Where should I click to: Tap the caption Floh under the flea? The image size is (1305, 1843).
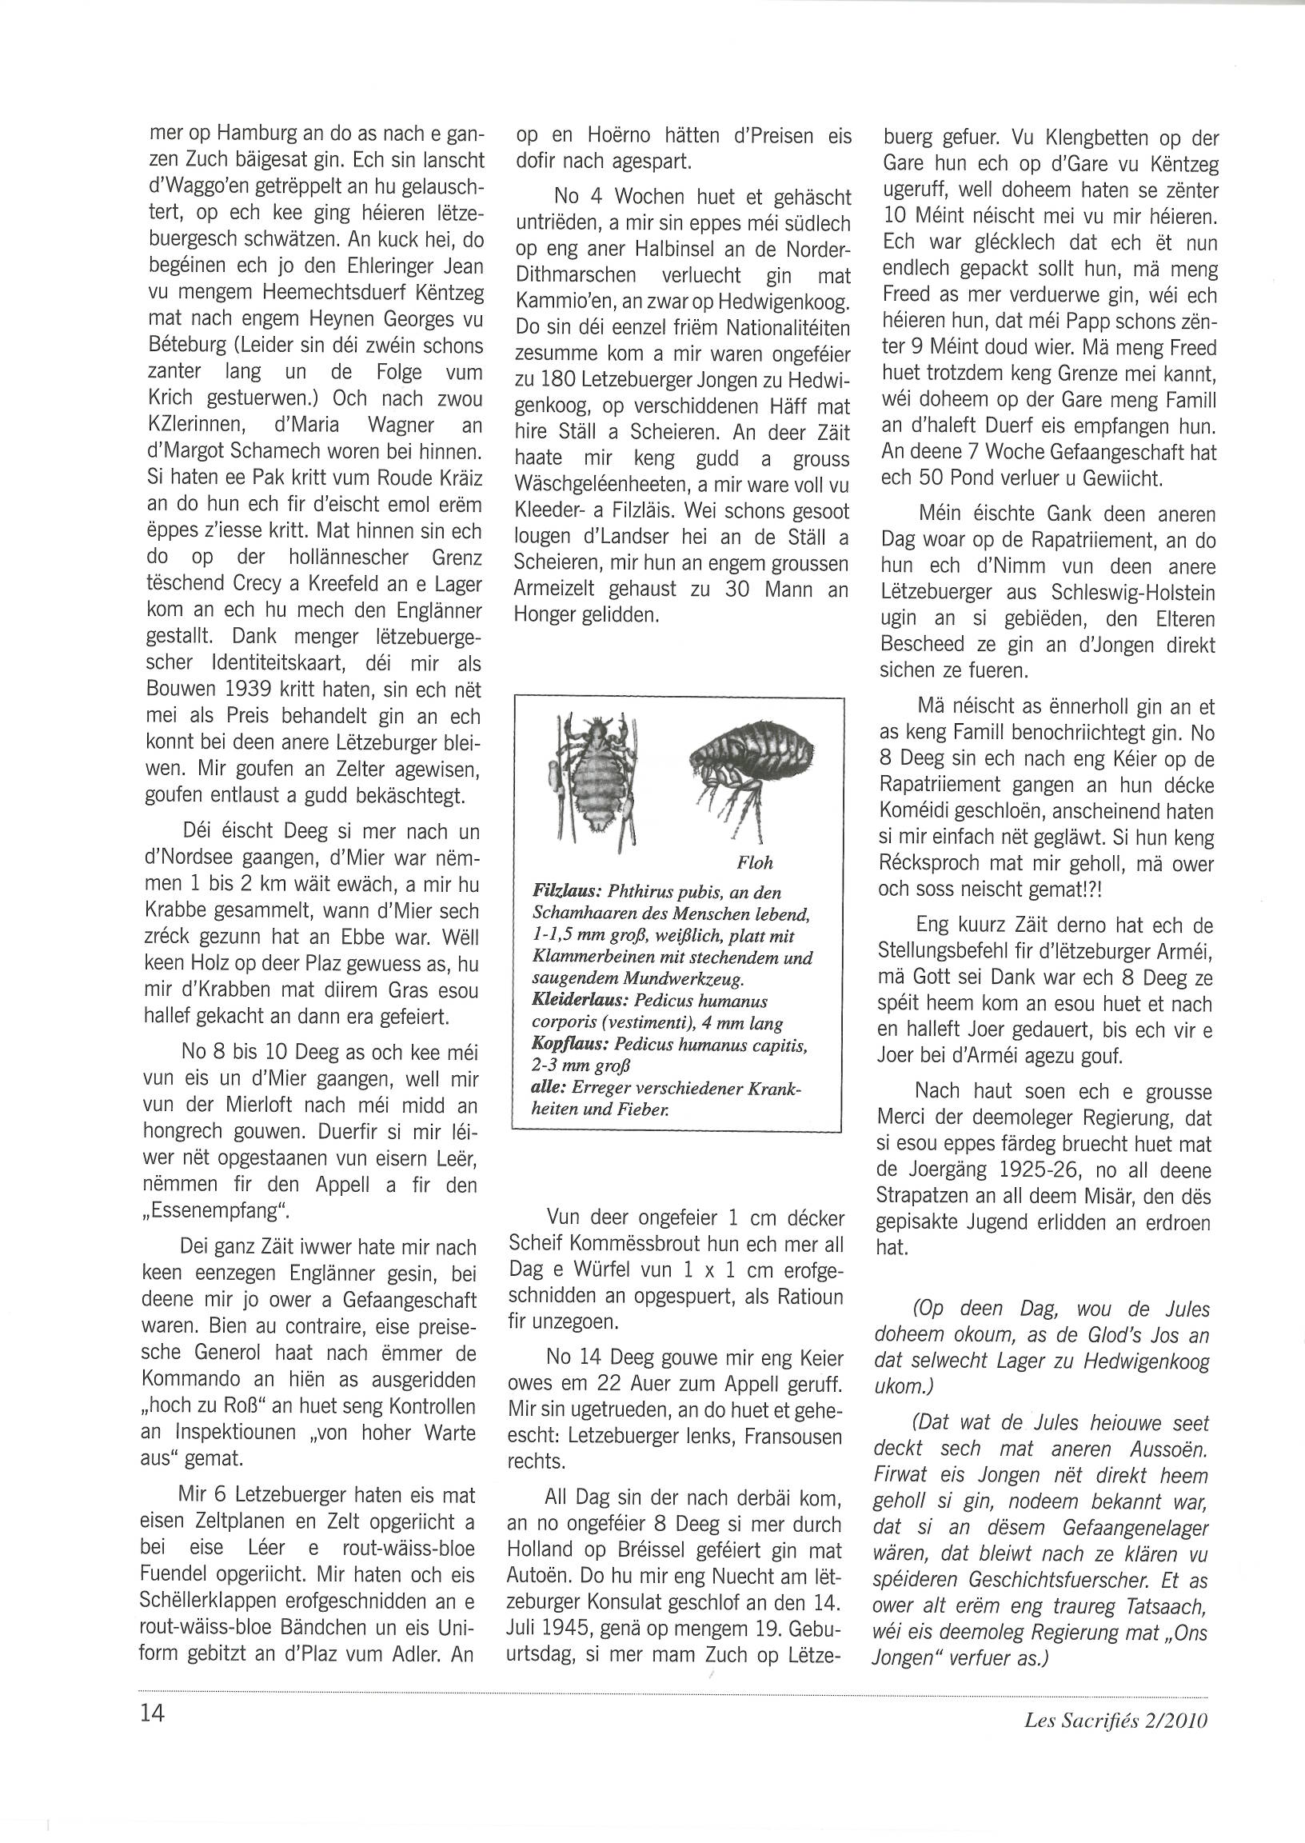[754, 863]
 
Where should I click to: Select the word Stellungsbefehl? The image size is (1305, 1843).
[971, 952]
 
